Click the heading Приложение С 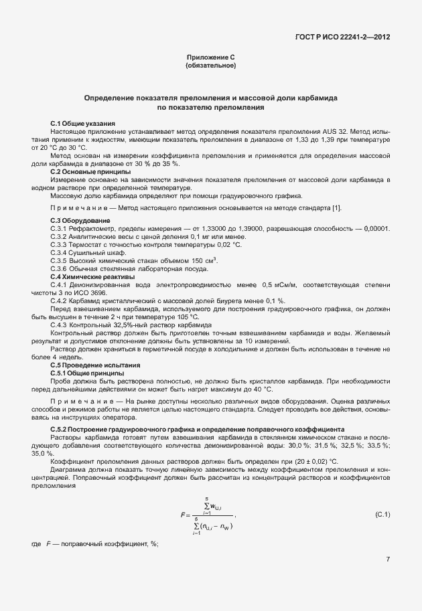[x=210, y=58]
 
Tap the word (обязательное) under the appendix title [x=210, y=66]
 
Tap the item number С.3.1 [x=60, y=229]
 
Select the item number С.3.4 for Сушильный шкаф [x=60, y=253]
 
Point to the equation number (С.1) [x=382, y=514]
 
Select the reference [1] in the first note [x=337, y=207]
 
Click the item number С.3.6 [x=60, y=269]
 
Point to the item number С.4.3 [x=60, y=325]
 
